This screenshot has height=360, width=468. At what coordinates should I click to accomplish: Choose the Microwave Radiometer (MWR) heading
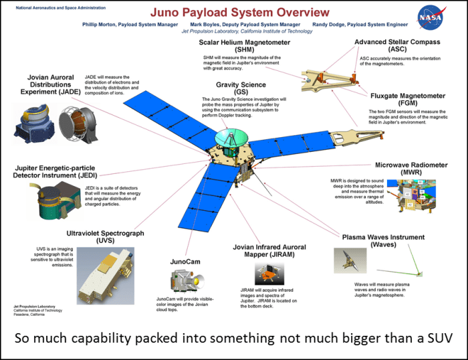point(408,169)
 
